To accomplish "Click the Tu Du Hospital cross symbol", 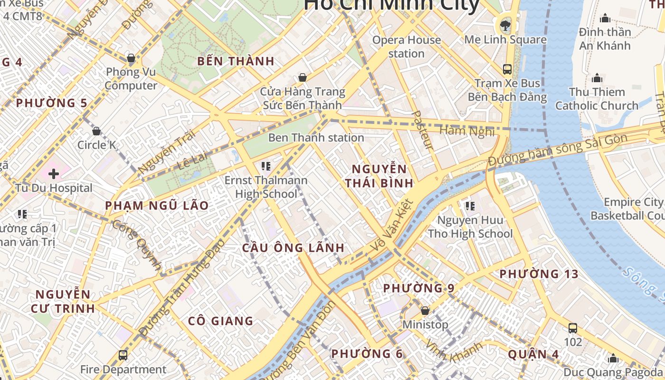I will [53, 174].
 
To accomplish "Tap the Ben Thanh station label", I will [316, 138].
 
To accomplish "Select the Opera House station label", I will [406, 47].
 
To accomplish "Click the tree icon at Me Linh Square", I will [505, 24].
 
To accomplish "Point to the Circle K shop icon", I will [96, 131].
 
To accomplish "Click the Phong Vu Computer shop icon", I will [131, 58].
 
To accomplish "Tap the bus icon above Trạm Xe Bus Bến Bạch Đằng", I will [507, 69].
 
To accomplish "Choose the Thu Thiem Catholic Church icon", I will [597, 78].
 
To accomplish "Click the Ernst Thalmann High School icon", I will [266, 166].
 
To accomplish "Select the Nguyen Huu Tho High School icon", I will [470, 206].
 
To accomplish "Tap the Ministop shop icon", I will [425, 311].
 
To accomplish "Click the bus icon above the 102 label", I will [572, 328].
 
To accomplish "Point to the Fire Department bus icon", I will [123, 355].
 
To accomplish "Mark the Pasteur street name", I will [422, 130].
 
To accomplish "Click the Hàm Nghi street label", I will [467, 130].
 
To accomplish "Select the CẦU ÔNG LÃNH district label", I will [293, 248].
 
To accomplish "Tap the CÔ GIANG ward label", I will [220, 321].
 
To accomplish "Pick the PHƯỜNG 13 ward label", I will [539, 274].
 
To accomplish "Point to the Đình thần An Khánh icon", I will [605, 18].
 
